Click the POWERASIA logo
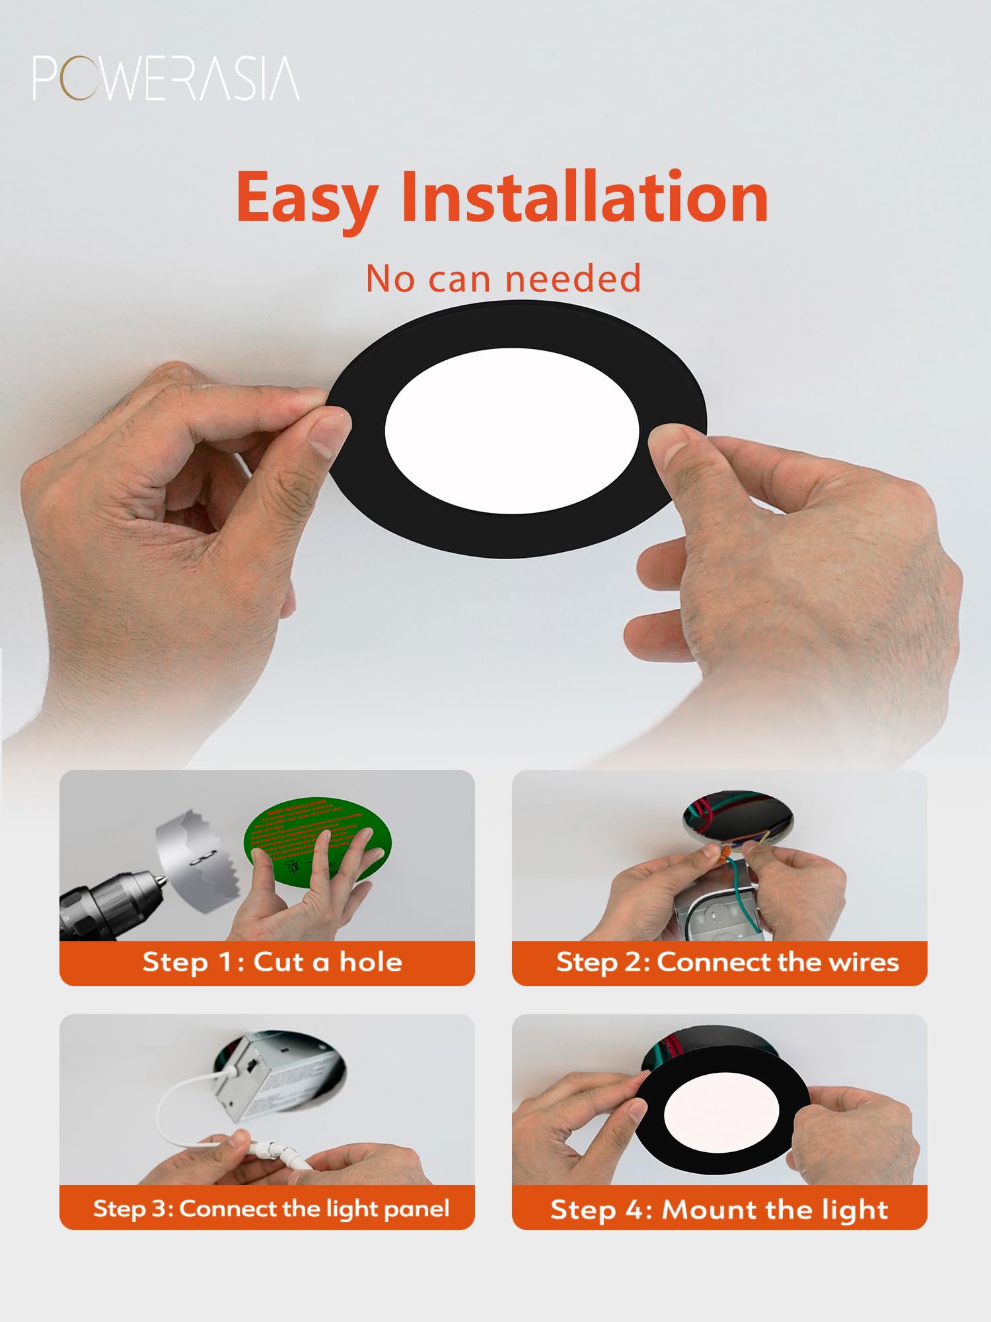pyautogui.click(x=165, y=79)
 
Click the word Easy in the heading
pyautogui.click(x=307, y=198)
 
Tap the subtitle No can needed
pyautogui.click(x=503, y=278)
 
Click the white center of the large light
pyautogui.click(x=512, y=430)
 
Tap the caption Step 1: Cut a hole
pyautogui.click(x=272, y=962)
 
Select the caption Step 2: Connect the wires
pyautogui.click(x=727, y=962)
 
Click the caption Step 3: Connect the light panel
pyautogui.click(x=271, y=1208)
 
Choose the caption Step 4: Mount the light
pyautogui.click(x=719, y=1209)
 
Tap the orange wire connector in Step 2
pyautogui.click(x=726, y=852)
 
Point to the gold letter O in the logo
pyautogui.click(x=76, y=79)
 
